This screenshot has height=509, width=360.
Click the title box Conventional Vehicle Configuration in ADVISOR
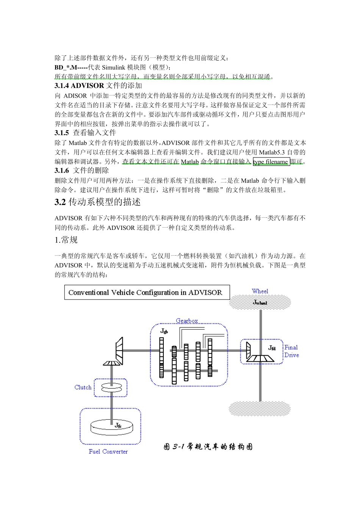point(147,292)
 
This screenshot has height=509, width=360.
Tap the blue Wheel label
point(260,291)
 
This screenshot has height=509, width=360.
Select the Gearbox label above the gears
point(187,321)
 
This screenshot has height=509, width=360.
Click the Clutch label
point(83,387)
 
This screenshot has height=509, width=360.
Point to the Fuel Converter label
point(108,451)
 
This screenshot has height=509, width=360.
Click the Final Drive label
point(291,351)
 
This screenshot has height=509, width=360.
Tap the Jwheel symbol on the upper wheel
point(260,302)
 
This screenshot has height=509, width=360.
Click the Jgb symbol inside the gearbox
point(164,331)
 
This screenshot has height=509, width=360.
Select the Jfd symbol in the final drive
point(272,348)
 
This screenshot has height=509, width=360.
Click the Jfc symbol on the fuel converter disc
point(118,425)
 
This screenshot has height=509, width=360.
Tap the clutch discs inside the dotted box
point(111,387)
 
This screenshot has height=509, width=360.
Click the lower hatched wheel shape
point(260,409)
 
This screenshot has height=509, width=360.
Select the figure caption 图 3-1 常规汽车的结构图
point(208,447)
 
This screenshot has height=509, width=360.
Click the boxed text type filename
point(271,162)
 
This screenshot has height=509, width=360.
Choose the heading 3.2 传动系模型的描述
point(97,202)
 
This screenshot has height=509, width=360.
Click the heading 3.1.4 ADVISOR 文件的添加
point(98,86)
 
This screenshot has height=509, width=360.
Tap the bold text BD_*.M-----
point(71,67)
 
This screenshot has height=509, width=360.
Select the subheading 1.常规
point(66,240)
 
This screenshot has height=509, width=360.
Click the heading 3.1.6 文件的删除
point(81,170)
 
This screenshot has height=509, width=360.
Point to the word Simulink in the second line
point(113,67)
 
